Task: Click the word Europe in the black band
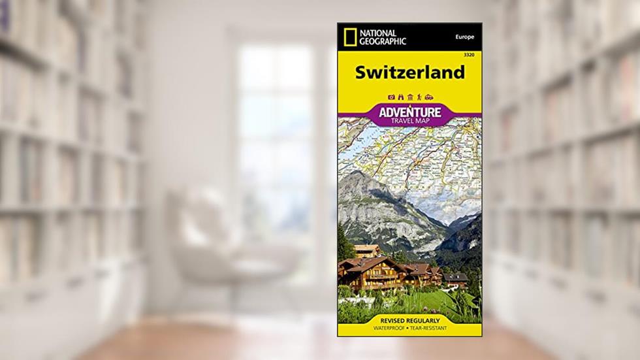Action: pos(464,37)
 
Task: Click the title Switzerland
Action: pos(409,73)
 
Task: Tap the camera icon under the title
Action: pos(391,97)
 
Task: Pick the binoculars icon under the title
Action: pos(400,97)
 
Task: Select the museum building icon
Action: pos(409,97)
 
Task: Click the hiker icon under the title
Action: pos(419,97)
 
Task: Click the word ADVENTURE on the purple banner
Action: pos(410,112)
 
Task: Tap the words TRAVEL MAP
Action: pos(410,122)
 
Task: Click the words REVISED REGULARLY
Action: pos(410,320)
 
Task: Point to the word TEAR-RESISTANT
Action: pos(434,329)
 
